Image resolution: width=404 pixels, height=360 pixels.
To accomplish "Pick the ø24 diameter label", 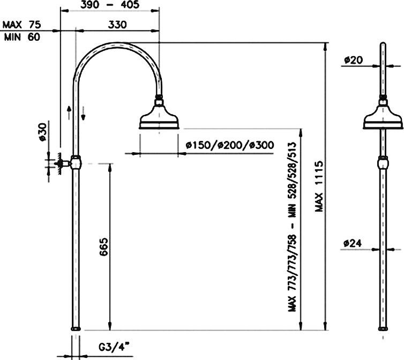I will [x=352, y=243].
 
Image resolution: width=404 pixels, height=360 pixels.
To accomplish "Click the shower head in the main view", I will [x=160, y=119].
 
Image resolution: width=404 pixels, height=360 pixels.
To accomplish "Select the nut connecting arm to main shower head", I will [x=159, y=100].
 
